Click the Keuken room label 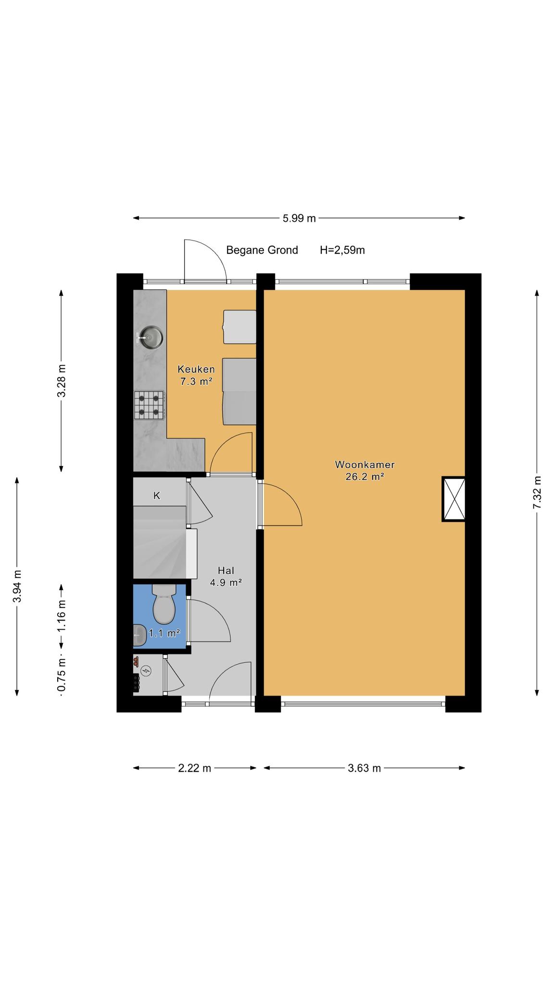tap(196, 369)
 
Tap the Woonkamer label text tap(365, 465)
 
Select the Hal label tap(226, 571)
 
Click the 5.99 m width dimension tap(299, 218)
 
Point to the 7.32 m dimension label tap(538, 493)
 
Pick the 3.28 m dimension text tap(62, 381)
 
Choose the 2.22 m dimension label tap(195, 768)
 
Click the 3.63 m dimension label tap(364, 768)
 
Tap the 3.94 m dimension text tap(17, 586)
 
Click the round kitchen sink tap(150, 337)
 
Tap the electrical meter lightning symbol tap(146, 670)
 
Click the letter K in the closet tap(157, 495)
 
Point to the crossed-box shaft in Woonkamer tap(453, 499)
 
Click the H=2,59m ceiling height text tap(342, 250)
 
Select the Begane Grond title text tap(262, 250)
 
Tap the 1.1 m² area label tap(164, 634)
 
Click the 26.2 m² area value tap(365, 477)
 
